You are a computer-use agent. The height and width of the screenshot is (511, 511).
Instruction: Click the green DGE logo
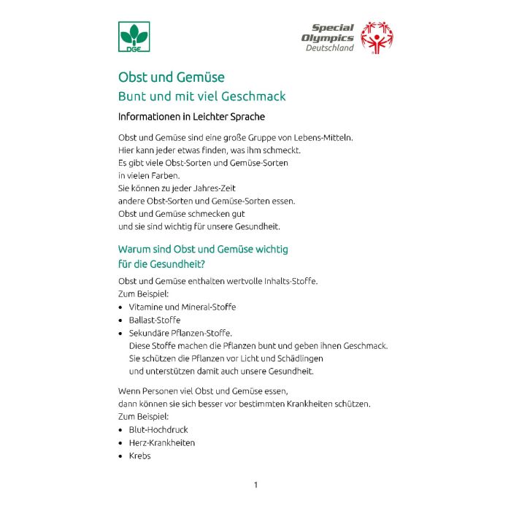coord(134,37)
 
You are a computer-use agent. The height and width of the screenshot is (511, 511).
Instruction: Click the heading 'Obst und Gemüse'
coord(172,77)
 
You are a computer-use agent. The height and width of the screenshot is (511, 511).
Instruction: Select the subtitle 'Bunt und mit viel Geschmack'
coord(202,96)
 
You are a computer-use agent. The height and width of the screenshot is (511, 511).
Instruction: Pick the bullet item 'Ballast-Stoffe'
coord(155,320)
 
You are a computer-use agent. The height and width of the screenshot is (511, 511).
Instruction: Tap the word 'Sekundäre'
coord(149,333)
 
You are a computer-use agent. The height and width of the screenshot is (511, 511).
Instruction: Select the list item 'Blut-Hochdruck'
coord(158,430)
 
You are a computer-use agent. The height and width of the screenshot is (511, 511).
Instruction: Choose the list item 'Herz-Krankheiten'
coord(162,442)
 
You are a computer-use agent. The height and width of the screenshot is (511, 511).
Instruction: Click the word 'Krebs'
coord(140,456)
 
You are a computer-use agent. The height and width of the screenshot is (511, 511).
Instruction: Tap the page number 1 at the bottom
coord(255,485)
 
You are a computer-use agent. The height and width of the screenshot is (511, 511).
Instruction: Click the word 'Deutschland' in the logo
coord(329,48)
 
